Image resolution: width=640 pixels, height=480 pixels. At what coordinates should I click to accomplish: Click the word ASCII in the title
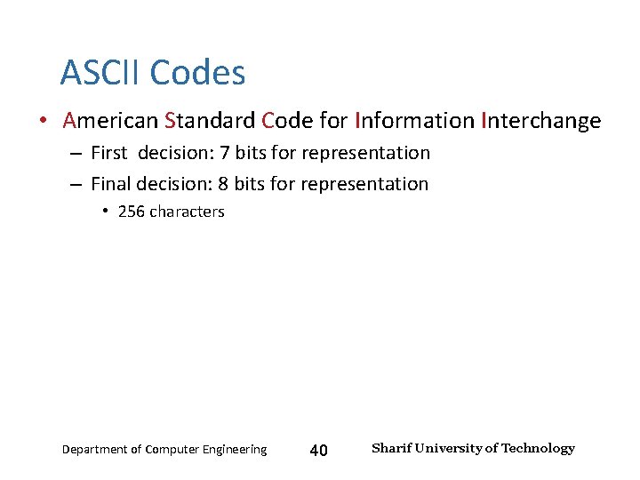point(100,72)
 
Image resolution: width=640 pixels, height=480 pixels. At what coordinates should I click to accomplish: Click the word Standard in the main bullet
point(210,120)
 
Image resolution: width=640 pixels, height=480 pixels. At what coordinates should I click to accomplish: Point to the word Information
point(413,120)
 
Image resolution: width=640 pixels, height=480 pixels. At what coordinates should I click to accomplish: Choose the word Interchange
point(540,120)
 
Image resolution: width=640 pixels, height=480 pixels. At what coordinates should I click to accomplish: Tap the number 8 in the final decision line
point(223,184)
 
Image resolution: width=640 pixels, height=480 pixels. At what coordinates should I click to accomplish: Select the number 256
point(131,212)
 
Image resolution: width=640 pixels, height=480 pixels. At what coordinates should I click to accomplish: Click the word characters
point(187,212)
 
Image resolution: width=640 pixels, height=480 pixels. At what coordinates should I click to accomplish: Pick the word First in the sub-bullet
point(109,153)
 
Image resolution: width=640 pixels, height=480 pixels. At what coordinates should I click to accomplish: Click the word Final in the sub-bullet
point(111,184)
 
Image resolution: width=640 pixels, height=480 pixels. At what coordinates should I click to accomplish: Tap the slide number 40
point(318,451)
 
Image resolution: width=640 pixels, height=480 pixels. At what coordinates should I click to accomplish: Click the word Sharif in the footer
point(389,448)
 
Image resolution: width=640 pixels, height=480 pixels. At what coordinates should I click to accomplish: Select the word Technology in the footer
point(538,448)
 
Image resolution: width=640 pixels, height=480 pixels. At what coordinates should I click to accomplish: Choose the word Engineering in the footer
point(232,450)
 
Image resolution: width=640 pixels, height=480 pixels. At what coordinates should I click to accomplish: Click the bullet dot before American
point(43,121)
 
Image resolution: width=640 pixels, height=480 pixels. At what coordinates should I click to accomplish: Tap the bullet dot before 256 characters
point(105,212)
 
